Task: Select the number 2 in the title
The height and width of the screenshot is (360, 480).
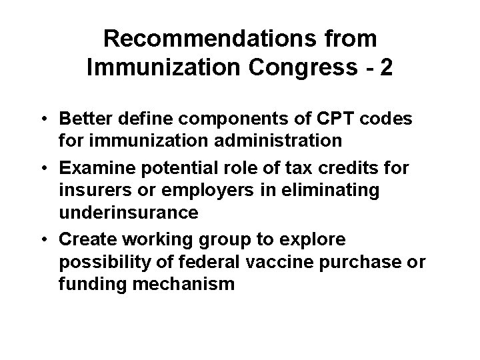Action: pyautogui.click(x=385, y=69)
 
